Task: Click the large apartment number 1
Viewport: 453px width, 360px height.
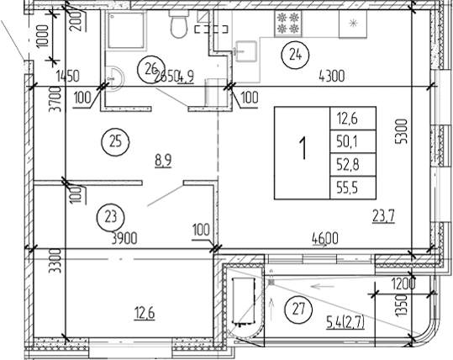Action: pos(301,152)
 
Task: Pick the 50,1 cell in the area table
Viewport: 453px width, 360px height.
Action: pos(351,140)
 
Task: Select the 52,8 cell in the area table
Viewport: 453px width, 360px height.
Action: pos(351,163)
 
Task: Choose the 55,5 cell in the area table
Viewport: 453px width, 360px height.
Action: pos(351,187)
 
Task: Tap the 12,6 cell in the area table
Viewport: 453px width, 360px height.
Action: pos(351,117)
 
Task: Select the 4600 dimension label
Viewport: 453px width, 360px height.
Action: pos(324,239)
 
